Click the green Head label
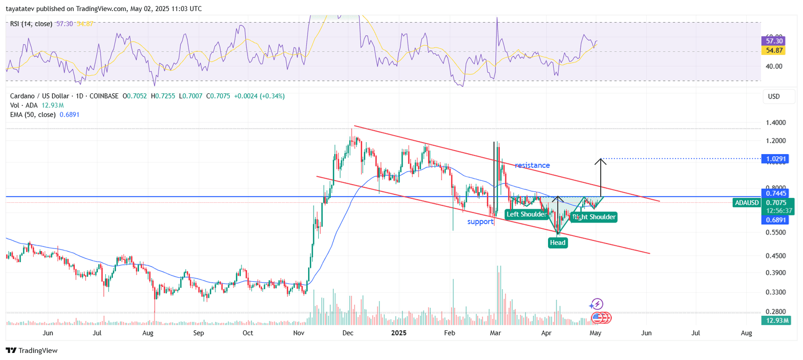[x=558, y=243]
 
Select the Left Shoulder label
[x=526, y=214]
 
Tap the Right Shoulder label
[x=594, y=217]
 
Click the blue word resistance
[x=532, y=165]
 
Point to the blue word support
[x=480, y=221]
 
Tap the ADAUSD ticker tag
[x=747, y=203]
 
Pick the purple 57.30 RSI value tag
[x=773, y=41]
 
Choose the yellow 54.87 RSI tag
[x=773, y=50]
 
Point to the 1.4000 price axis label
[x=775, y=123]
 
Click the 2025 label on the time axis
[x=398, y=333]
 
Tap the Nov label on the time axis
[x=299, y=333]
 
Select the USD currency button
[x=774, y=96]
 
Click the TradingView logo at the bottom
[x=32, y=350]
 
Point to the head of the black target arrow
[x=601, y=160]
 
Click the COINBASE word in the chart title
[x=104, y=96]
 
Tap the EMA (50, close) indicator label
[x=33, y=114]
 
